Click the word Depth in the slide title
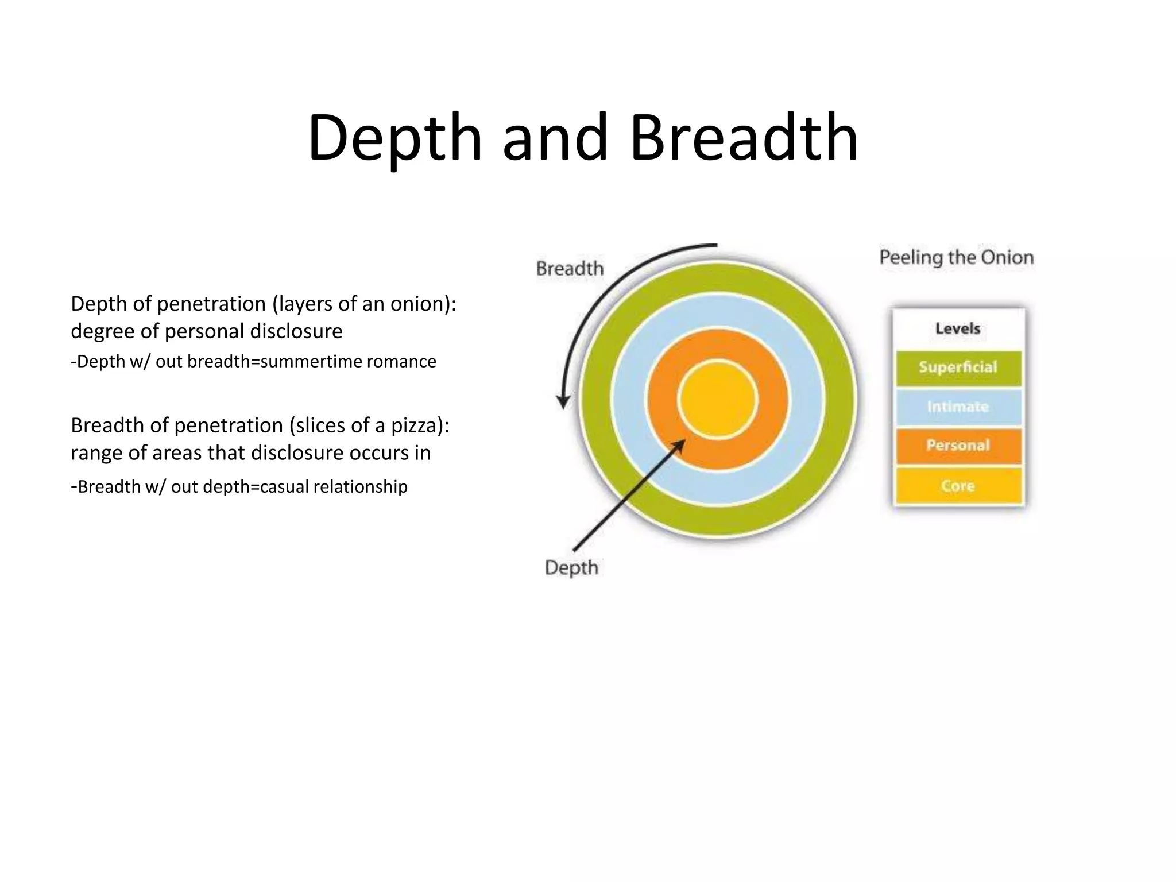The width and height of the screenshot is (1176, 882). point(395,138)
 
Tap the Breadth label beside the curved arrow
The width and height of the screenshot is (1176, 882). point(570,268)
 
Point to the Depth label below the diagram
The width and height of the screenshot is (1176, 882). point(571,567)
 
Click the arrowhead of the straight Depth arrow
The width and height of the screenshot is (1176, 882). point(680,445)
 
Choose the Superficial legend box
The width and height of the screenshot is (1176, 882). point(958,367)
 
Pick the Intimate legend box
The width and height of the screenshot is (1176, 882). point(958,407)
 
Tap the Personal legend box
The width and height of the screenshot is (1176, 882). point(958,446)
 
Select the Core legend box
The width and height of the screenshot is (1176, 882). point(958,486)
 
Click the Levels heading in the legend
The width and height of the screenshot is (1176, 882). point(958,328)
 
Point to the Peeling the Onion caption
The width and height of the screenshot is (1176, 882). point(956,257)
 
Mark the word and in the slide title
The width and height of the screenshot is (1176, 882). point(555,138)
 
